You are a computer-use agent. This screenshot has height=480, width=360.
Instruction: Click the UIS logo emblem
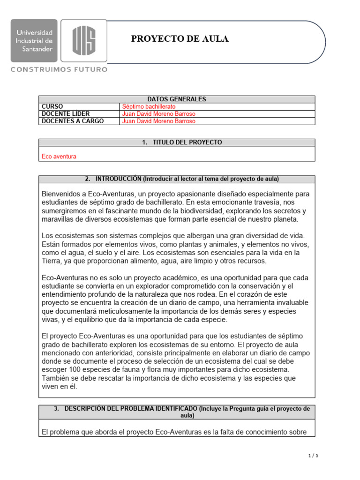[x=84, y=40]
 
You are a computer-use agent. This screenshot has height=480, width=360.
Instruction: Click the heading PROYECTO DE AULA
[x=180, y=39]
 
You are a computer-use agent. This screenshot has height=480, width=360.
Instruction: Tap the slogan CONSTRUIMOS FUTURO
[x=59, y=69]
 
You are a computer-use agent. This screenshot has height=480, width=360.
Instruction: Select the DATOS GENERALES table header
[x=177, y=99]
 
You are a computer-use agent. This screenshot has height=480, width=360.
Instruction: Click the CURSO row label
[x=52, y=106]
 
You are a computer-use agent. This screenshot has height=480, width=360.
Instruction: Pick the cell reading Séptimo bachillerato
[x=149, y=106]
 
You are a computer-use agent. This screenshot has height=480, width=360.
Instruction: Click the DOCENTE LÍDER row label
[x=66, y=113]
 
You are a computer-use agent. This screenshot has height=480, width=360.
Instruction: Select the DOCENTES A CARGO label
[x=73, y=121]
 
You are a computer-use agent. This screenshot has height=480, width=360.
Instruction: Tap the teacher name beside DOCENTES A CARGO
[x=158, y=121]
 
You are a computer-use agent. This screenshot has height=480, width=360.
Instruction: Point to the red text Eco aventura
[x=59, y=157]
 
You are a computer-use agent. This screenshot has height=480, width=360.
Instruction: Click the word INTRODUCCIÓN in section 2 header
[x=118, y=179]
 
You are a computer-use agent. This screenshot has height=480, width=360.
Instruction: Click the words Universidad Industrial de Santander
[x=34, y=40]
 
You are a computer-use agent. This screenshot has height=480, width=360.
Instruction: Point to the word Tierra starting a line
[x=51, y=261]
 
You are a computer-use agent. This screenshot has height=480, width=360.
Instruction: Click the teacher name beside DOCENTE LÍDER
[x=158, y=113]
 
